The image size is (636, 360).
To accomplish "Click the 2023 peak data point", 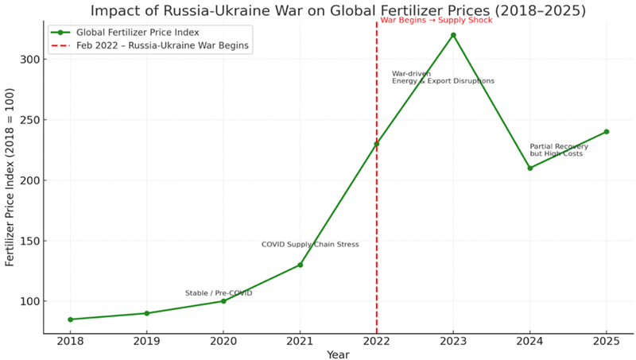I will coord(453,35).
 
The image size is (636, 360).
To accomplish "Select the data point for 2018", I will coord(70,319).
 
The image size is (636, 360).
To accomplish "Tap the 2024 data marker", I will coord(530,168).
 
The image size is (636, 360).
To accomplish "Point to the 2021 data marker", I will coord(300,265).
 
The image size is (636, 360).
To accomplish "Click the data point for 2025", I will coord(607,132).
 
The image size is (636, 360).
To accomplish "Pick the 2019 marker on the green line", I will coord(146,313).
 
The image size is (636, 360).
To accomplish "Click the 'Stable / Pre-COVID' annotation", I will coord(219,293).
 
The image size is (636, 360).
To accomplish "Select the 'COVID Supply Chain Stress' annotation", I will coord(310,245).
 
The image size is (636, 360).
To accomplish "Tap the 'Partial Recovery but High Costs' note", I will coord(559,150).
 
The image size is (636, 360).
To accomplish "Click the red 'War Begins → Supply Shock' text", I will coord(436,20).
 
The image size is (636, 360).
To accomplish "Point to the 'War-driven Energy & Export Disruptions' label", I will coord(443,77).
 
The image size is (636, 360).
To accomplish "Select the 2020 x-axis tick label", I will coord(223,340).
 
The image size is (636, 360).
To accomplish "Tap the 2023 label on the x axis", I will coord(453,340).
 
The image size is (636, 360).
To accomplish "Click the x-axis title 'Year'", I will coord(338,354).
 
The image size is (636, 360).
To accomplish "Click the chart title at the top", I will coord(338,10).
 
